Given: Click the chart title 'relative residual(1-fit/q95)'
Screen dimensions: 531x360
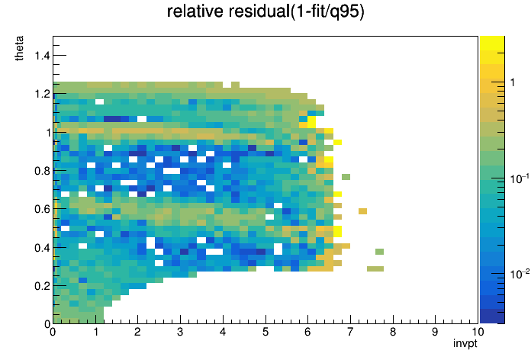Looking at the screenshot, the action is tap(265, 11).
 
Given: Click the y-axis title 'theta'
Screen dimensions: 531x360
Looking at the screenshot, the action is tap(19, 48).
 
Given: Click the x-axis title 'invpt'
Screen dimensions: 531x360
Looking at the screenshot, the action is tap(465, 343).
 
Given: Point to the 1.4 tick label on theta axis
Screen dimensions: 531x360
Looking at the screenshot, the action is tap(42, 55).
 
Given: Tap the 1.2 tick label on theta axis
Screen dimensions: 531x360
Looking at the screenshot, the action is tap(42, 94).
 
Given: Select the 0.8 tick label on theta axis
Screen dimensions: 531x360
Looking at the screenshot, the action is tap(42, 171).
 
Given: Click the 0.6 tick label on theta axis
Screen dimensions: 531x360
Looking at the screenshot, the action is tap(42, 209).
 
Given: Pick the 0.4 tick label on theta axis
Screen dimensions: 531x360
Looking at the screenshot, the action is tap(42, 248).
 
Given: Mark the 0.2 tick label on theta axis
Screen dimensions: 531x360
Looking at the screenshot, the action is tap(42, 286).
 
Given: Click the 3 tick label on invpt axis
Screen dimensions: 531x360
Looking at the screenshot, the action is tap(180, 332).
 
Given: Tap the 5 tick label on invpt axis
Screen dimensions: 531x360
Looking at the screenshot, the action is tap(265, 332).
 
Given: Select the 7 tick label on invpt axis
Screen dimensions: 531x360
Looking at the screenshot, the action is tap(350, 332).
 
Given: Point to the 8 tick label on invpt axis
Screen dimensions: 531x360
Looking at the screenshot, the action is tap(392, 332).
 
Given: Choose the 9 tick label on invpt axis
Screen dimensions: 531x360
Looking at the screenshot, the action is tap(435, 332).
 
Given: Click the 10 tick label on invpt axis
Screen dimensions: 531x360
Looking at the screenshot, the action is tap(478, 332).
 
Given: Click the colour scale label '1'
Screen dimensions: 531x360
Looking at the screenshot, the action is tap(513, 82).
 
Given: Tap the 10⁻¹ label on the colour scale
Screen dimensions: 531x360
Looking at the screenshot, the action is tap(520, 178).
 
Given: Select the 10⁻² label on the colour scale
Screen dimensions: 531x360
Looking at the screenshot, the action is tap(520, 273).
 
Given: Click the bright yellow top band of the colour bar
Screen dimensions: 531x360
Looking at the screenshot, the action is tap(492, 43).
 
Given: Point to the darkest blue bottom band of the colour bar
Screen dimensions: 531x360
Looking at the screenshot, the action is tap(492, 317).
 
